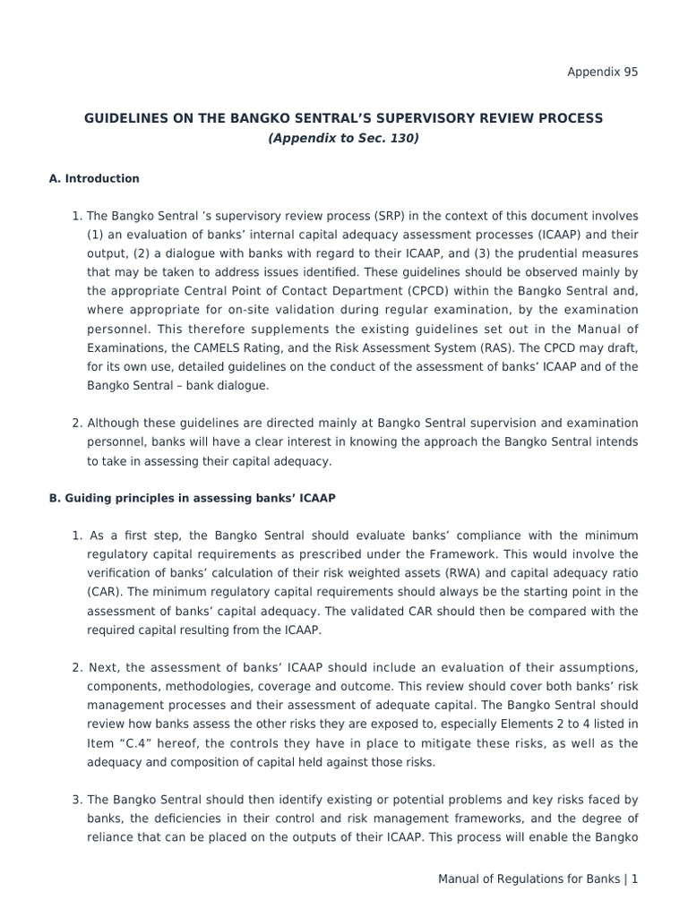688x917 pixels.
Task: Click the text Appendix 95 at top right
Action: pos(603,73)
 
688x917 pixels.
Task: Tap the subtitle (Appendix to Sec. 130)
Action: pos(343,139)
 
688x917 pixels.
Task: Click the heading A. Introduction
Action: pos(94,178)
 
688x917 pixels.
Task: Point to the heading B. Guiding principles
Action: pos(192,497)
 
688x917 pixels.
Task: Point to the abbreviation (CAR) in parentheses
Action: pos(101,592)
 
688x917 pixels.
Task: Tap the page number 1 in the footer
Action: pos(634,879)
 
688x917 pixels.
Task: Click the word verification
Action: pos(120,573)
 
